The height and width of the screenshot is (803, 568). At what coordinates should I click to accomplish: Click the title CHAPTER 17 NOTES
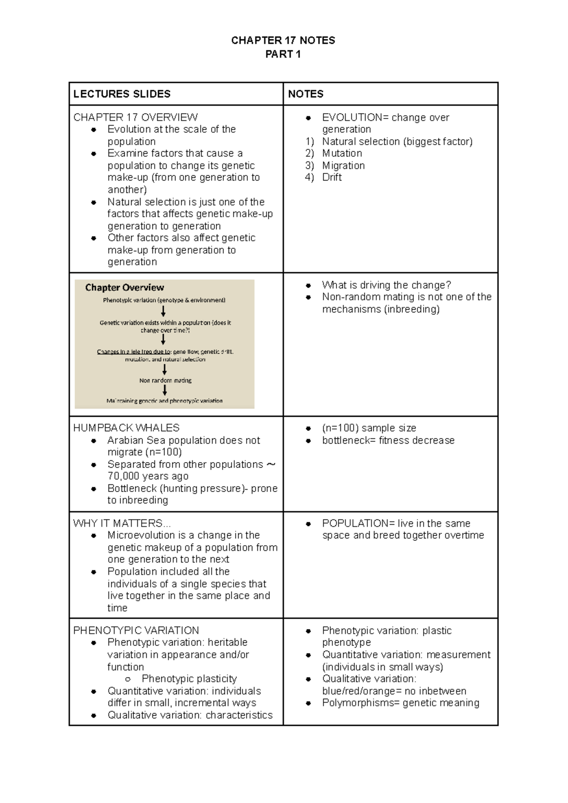[283, 40]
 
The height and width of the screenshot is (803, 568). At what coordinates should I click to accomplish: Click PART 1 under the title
[283, 55]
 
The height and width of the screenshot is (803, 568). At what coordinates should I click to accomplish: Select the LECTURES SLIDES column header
[122, 94]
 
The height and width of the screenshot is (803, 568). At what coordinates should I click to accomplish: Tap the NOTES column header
[306, 94]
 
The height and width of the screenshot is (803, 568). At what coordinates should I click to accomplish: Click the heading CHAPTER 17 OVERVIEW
[135, 117]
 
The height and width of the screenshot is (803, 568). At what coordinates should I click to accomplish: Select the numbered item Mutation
[342, 153]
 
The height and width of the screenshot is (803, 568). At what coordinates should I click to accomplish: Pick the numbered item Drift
[331, 177]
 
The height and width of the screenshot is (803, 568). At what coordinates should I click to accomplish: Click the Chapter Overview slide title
[124, 287]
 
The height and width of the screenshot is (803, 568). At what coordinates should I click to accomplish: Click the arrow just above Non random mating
[164, 370]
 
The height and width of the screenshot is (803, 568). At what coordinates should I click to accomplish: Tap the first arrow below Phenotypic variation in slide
[163, 311]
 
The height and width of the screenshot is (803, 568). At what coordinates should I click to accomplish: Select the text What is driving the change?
[386, 285]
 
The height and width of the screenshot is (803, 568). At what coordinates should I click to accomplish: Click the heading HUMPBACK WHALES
[126, 428]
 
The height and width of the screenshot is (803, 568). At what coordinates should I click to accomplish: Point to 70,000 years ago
[148, 476]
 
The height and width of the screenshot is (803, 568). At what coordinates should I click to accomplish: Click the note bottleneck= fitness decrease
[388, 440]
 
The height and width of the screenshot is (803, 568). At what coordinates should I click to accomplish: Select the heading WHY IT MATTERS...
[121, 523]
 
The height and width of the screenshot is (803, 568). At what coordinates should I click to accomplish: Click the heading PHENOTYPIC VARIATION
[136, 630]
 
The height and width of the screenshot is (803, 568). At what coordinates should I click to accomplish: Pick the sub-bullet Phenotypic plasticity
[189, 679]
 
